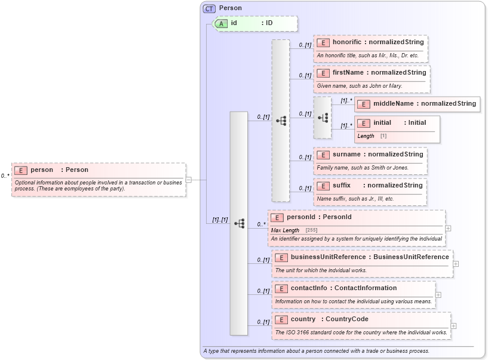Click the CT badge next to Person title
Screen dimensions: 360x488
point(209,8)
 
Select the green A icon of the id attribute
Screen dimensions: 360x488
point(222,23)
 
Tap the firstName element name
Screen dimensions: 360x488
point(348,73)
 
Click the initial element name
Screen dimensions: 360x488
point(382,123)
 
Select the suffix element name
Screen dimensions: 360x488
point(342,186)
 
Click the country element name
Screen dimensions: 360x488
point(303,319)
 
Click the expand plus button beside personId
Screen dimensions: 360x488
point(448,228)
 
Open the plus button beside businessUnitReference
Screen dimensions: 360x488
point(456,263)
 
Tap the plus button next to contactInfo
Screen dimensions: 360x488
point(438,294)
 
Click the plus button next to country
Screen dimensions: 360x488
point(453,325)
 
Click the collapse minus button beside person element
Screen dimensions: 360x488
point(188,179)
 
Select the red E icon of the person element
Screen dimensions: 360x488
point(21,170)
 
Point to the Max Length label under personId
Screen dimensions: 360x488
point(285,230)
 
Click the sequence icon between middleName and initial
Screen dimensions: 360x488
point(323,118)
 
